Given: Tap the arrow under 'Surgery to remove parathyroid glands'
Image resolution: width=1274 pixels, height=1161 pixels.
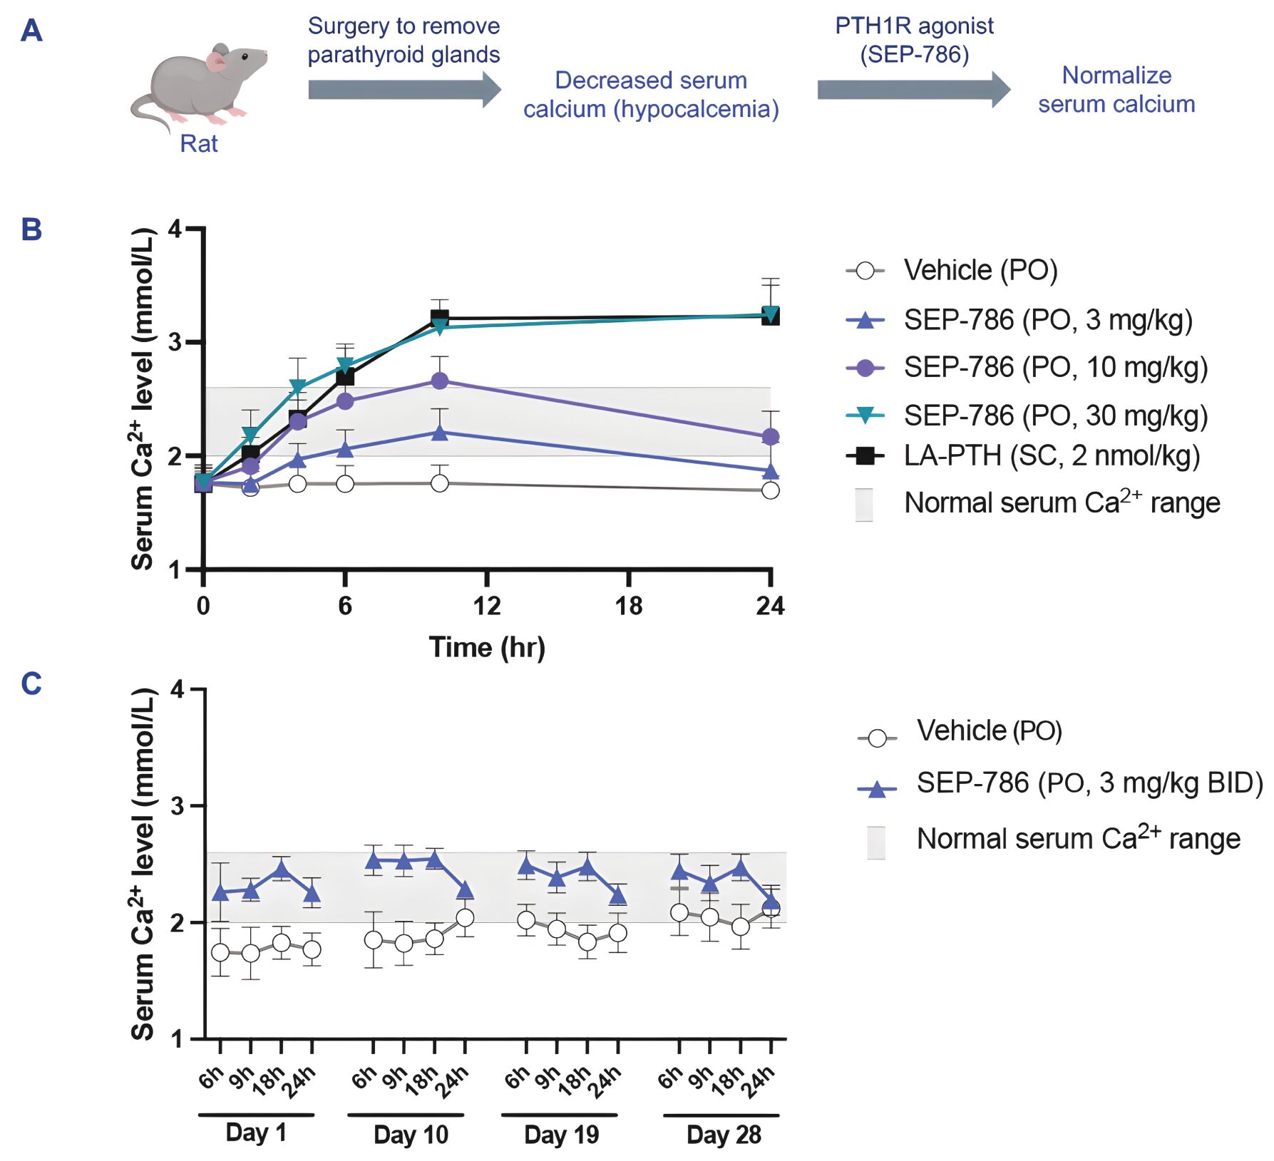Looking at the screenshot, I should coord(404,90).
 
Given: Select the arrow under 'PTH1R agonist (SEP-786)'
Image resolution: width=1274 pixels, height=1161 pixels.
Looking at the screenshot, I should coord(913,90).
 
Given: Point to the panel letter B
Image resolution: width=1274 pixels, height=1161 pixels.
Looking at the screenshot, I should coord(31,229).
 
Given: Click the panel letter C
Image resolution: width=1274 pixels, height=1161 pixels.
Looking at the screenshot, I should coord(31,683).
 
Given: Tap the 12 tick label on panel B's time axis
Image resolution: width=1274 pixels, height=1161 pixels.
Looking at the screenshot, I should coord(487,606).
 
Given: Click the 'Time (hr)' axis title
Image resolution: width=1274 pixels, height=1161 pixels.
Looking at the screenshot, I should coord(487,647).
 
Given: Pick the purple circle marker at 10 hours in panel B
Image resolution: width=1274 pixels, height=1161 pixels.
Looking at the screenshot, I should coord(440,381).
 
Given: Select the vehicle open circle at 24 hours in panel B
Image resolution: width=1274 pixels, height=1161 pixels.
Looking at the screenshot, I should coord(770,490).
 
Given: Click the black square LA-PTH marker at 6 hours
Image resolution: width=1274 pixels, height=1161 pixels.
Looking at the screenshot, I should coord(345,376).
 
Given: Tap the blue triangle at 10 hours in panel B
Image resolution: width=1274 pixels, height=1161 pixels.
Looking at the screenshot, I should coord(440,433).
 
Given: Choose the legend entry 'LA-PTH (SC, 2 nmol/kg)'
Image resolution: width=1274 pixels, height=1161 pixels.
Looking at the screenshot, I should coord(1051,455).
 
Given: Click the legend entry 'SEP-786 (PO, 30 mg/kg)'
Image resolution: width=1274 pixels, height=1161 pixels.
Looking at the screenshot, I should coord(1055,415).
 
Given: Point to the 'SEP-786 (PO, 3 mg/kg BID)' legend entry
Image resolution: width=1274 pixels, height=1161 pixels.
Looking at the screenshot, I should coord(1089,783).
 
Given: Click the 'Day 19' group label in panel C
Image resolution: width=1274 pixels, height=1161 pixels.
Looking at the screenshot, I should coord(561,1134).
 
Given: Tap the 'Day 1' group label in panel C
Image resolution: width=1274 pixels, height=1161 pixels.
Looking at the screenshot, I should coord(256,1132).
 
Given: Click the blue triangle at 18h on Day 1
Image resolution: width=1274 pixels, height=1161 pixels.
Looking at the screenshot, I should coord(282,869).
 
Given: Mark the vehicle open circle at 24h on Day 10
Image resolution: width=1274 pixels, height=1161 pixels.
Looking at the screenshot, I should coord(465,918).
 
